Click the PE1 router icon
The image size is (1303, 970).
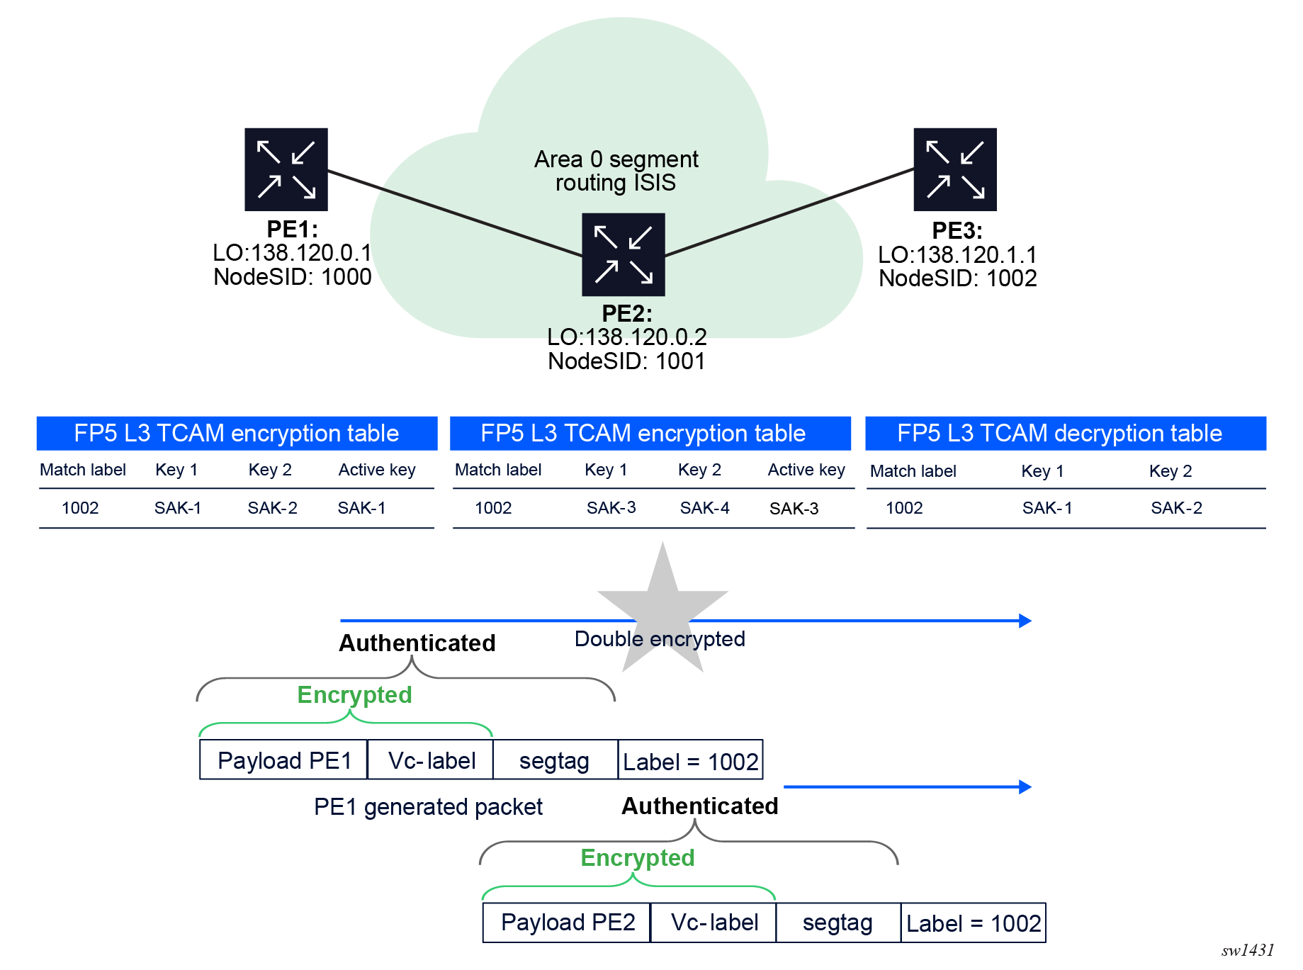286,169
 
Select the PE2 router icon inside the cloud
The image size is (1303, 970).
623,254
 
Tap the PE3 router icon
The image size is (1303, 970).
954,169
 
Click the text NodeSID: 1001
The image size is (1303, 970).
626,361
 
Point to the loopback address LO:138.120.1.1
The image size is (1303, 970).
957,255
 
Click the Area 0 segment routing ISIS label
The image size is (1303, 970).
616,171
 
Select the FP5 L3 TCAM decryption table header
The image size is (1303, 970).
1065,433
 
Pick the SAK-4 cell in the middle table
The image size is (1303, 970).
704,508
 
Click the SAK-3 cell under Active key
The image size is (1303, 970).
794,509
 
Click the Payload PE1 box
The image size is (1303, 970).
284,760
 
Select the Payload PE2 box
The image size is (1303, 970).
567,923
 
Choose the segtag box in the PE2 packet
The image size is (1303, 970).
837,923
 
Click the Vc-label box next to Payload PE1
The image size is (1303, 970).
431,760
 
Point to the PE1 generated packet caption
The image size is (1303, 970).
428,807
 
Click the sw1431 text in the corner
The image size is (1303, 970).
1248,950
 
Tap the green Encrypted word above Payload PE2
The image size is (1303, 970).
637,857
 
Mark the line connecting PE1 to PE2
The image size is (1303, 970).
453,213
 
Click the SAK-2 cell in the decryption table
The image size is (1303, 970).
1176,508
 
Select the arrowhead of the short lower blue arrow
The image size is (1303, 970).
1025,786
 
